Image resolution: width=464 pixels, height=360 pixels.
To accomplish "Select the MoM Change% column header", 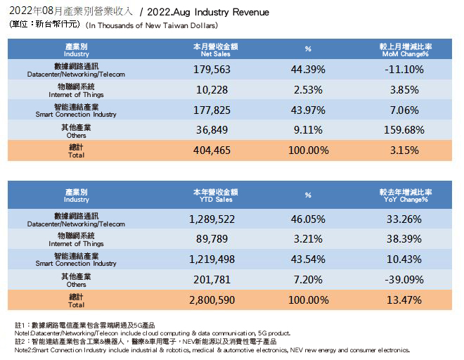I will (405, 49).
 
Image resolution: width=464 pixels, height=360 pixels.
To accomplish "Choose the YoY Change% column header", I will (405, 195).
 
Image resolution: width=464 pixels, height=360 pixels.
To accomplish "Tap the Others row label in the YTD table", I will (76, 280).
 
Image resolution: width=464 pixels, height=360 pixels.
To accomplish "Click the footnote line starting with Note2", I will (212, 349).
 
